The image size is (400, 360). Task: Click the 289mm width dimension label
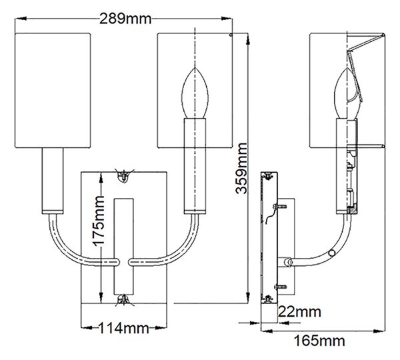tap(125, 19)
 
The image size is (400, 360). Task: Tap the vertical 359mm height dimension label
tap(241, 169)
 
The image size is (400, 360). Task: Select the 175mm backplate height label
tap(99, 221)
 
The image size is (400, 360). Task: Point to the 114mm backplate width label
tap(123, 329)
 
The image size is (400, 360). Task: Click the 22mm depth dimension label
tap(299, 312)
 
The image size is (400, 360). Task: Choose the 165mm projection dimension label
tap(319, 341)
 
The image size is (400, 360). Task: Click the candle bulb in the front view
tap(195, 93)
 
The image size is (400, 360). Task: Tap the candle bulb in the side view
tap(347, 93)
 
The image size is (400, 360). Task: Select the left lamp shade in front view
tap(53, 90)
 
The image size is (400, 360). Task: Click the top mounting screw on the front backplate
tap(124, 175)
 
